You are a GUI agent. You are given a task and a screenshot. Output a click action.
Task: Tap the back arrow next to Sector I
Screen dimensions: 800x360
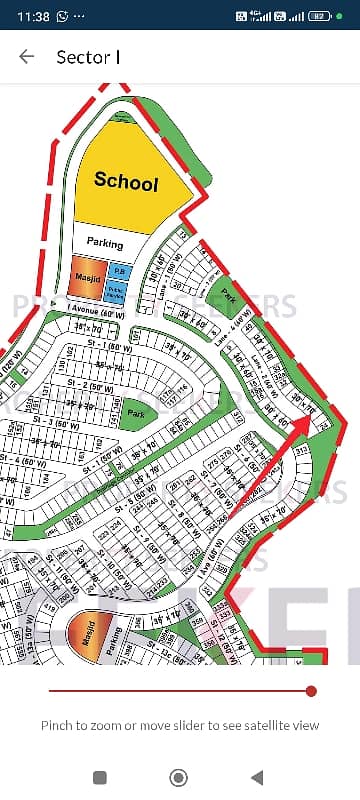pos(27,58)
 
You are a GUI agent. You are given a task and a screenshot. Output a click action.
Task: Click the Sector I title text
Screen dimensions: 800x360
pos(88,58)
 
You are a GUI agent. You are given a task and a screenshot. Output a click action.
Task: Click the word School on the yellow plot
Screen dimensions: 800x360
pos(126,182)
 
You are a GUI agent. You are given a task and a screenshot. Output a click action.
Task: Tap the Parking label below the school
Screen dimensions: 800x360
pos(104,243)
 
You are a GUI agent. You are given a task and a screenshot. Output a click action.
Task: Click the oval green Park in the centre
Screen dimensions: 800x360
pos(132,413)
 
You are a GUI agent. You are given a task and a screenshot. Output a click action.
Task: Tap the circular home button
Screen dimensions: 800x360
pos(179,777)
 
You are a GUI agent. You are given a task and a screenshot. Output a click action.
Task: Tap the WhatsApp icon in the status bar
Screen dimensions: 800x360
pos(64,17)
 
